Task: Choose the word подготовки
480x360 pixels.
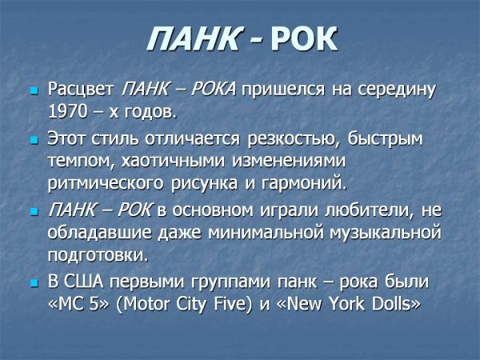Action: click(x=98, y=256)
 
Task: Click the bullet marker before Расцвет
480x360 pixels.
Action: click(x=34, y=90)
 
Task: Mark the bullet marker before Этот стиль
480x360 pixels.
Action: click(x=34, y=140)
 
